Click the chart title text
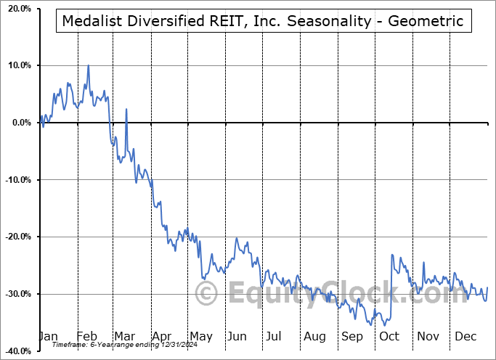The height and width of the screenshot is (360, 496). pos(263,21)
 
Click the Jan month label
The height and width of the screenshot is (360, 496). pos(47,336)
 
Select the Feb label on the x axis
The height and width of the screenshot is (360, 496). pos(86,336)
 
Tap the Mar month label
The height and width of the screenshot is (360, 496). pos(124,336)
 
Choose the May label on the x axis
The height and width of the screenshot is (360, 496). pos(200,336)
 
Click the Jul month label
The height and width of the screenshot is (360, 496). pos(275,336)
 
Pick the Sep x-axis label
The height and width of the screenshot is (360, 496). pos(352,336)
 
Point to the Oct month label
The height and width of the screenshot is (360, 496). pos(389,336)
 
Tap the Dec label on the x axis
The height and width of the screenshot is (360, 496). pos(465,336)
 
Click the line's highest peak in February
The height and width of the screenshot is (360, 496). pos(89,65)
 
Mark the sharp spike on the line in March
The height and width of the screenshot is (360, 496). pos(126,110)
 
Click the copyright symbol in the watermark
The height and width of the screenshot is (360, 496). pos(207,294)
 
